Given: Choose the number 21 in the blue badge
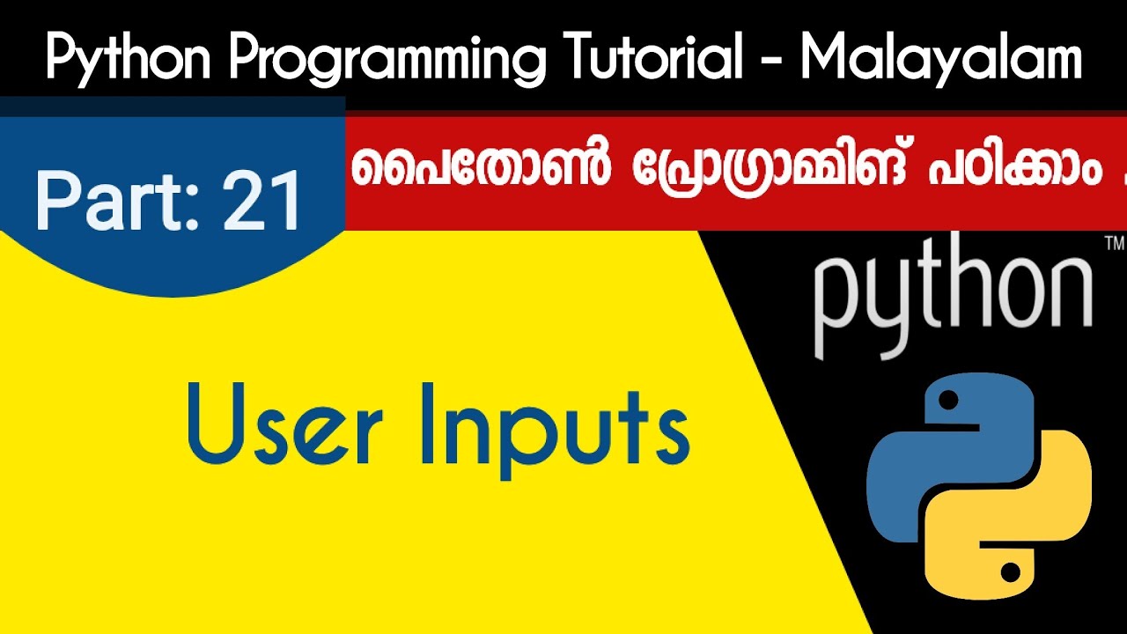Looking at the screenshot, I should click(263, 201).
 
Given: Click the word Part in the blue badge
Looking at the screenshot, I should click(120, 201).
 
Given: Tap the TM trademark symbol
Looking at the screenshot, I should click(1112, 241).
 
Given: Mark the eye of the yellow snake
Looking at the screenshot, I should click(1011, 573).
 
